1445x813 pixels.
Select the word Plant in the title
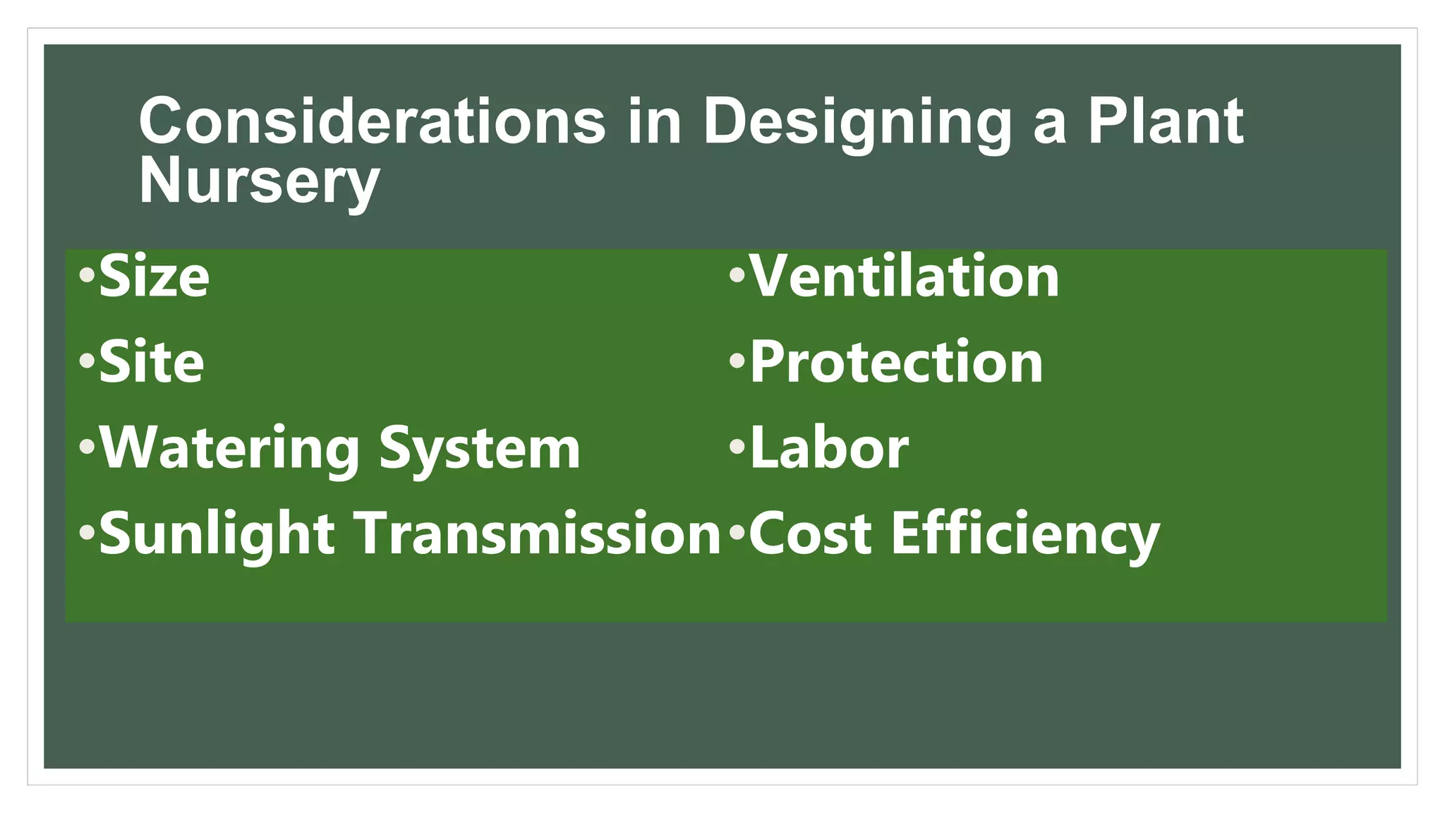coord(1165,121)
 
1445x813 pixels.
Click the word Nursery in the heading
coord(259,182)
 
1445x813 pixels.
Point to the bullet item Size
coord(154,277)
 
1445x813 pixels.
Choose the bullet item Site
coord(152,363)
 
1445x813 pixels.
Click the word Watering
coord(230,450)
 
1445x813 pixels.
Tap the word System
coord(480,450)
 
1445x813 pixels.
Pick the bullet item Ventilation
coord(904,277)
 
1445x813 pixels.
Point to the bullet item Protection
coord(896,363)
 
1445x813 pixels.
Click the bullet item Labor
coord(829,449)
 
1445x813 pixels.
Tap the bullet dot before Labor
coord(737,447)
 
